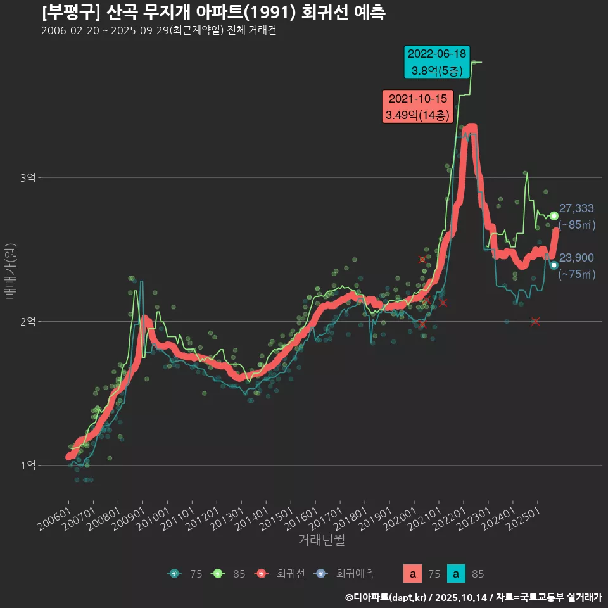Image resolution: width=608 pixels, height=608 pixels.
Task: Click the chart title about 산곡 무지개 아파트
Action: (213, 13)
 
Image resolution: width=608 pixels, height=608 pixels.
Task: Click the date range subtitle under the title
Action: (158, 31)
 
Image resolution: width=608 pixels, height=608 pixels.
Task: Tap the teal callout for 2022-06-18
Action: (437, 62)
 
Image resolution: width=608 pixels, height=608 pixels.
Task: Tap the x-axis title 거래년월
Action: (321, 540)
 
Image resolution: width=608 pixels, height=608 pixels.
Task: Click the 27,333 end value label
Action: (576, 208)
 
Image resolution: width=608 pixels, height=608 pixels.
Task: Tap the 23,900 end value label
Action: (576, 257)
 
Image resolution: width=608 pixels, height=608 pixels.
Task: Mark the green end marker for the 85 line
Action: (554, 216)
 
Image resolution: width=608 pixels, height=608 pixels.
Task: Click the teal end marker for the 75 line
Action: (554, 265)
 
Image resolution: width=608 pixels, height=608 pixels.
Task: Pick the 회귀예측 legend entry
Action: (345, 574)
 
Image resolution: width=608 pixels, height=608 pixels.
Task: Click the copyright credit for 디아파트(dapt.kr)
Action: (387, 597)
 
